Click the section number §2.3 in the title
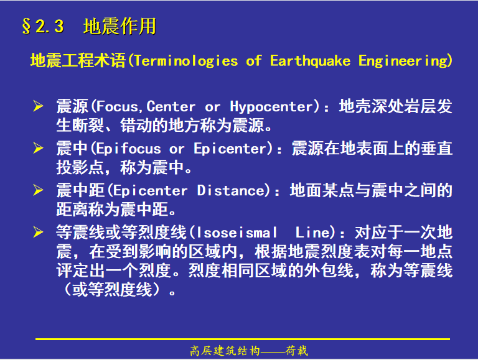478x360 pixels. (43, 26)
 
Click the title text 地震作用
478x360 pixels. (119, 26)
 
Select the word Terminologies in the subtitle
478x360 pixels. (186, 61)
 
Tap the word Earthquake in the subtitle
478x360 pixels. (311, 61)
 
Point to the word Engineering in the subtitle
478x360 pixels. (403, 61)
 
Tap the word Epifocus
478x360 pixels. (129, 149)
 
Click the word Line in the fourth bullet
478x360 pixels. (312, 233)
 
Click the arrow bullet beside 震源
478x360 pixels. (38, 106)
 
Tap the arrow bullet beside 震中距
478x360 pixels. (38, 190)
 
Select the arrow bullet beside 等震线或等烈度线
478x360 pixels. (38, 232)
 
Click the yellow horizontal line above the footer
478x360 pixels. (243, 339)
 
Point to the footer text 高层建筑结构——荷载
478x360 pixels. (249, 351)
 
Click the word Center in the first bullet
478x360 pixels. (171, 106)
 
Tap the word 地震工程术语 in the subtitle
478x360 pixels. (78, 60)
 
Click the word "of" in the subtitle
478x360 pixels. (254, 61)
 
